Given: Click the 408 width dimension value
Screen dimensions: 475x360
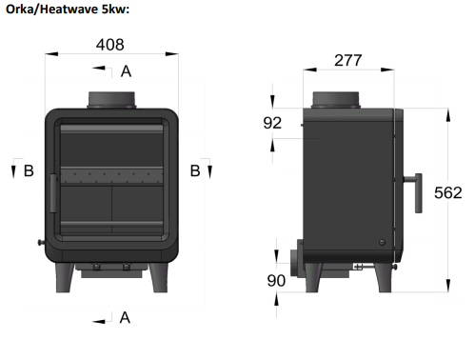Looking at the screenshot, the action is tap(109, 45).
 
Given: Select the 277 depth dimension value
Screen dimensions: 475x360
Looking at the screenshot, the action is tap(347, 60).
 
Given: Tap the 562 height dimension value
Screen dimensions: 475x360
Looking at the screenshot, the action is tap(447, 192).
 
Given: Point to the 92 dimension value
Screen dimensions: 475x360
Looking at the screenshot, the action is tap(272, 123).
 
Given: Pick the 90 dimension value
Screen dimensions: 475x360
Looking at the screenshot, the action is tap(276, 281).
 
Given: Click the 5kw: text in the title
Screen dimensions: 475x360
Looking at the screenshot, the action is tap(115, 10).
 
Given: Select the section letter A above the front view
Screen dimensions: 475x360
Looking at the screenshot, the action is tap(126, 71).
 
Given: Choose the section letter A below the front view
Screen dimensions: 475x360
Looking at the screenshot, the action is tap(125, 317).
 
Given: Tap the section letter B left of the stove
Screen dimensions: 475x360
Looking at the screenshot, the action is tap(29, 170).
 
